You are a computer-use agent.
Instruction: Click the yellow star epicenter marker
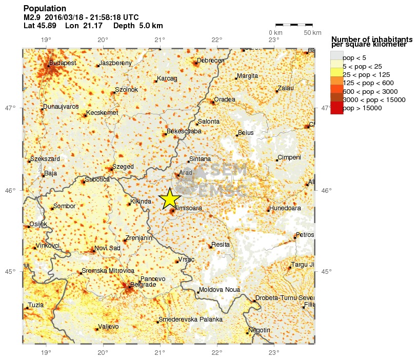[x=170, y=198]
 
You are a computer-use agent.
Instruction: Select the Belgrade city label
[x=143, y=284]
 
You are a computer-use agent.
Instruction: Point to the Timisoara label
[x=188, y=208]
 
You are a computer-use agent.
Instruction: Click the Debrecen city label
[x=211, y=61]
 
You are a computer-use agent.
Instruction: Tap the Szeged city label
[x=123, y=167]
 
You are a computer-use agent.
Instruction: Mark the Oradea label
[x=225, y=99]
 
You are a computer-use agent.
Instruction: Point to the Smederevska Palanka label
[x=191, y=319]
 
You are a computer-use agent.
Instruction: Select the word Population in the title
[x=45, y=9]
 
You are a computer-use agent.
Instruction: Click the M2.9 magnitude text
[x=32, y=17]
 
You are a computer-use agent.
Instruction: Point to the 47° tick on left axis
[x=10, y=108]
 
